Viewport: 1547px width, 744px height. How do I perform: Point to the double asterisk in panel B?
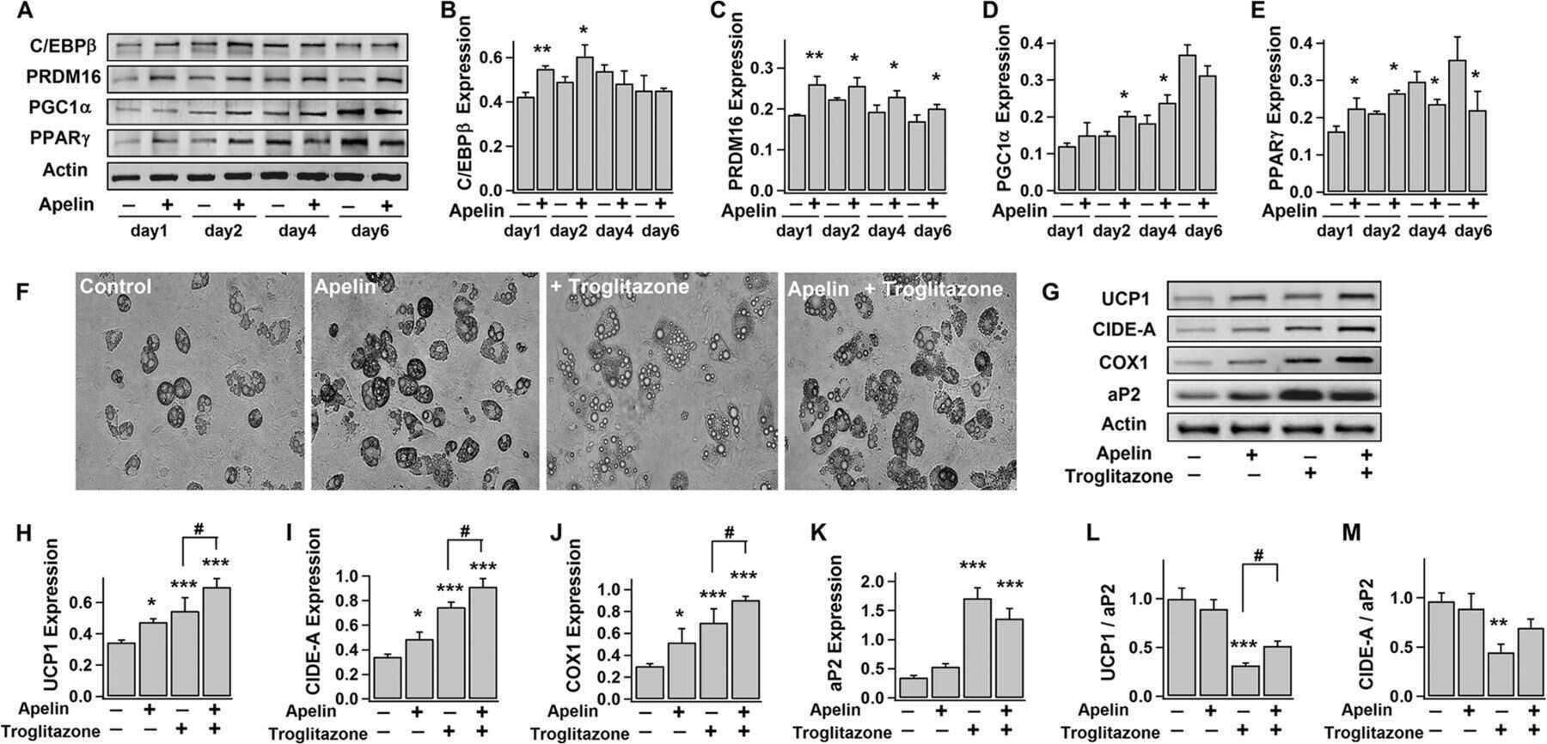pos(542,51)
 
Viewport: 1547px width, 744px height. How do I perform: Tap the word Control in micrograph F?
pos(116,286)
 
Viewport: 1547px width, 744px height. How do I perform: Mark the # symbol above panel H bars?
pos(199,530)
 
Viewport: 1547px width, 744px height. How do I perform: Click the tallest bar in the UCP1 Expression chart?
pos(217,641)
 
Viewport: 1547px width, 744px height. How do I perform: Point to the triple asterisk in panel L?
pos(1243,644)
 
